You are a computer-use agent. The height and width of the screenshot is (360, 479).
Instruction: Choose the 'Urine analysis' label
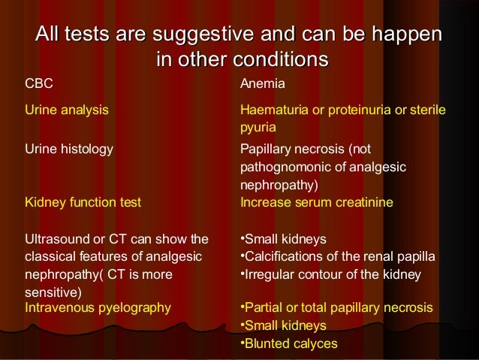(x=67, y=110)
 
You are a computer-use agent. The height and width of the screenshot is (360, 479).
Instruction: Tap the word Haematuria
(x=273, y=110)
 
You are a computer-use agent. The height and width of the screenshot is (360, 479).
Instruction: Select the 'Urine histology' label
(x=69, y=148)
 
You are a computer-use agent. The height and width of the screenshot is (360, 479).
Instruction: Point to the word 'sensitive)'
(x=53, y=291)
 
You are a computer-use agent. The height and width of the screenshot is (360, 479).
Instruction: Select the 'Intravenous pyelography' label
(x=98, y=307)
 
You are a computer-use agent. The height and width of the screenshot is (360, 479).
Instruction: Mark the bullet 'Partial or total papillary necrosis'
(x=336, y=307)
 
